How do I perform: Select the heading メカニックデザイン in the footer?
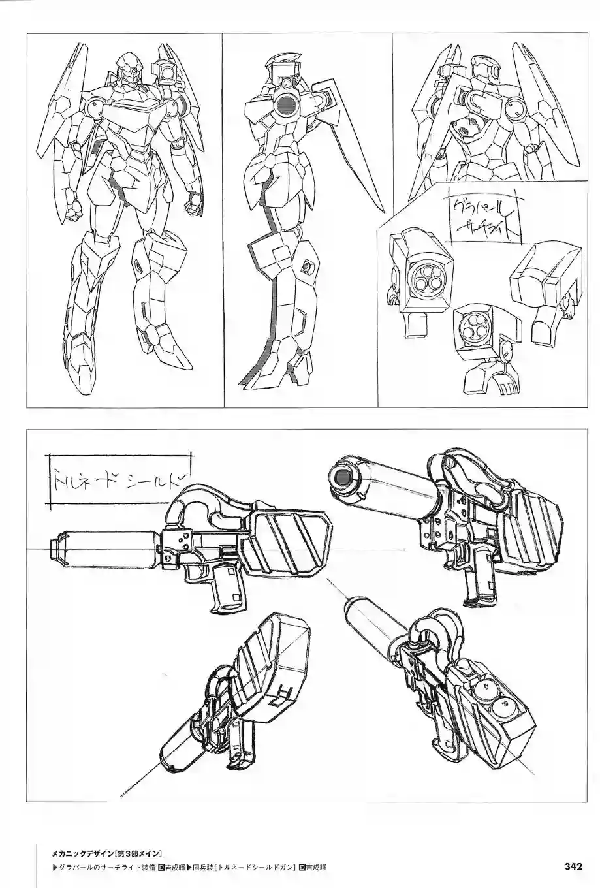(x=82, y=853)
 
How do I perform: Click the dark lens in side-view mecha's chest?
(x=285, y=103)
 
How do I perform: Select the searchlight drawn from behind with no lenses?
(x=543, y=284)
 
